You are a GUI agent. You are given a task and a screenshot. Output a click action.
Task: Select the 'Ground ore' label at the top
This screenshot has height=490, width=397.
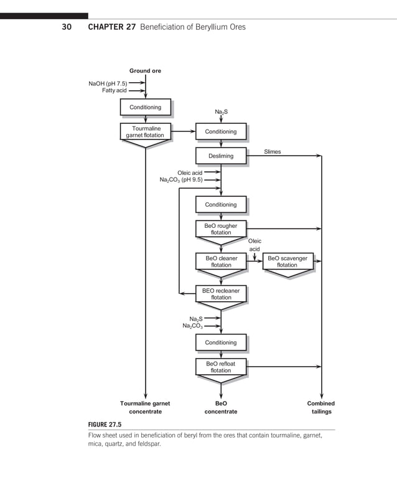coord(145,71)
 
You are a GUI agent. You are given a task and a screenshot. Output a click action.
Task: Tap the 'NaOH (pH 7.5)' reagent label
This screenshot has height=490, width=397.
coord(108,83)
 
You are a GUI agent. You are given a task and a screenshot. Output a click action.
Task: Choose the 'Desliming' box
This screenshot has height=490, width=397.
coord(221,156)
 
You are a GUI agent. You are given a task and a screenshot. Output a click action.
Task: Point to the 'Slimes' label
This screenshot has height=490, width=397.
coord(272,151)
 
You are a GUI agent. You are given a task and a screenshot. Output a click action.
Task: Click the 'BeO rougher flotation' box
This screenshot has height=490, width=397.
coord(221,229)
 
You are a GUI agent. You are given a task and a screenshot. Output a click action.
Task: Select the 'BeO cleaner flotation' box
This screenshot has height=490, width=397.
coord(221,261)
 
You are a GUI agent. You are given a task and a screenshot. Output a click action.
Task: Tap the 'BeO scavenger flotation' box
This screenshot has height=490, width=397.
coord(287,261)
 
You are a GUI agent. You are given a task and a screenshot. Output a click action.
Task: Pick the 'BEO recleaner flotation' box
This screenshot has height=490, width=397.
coord(221,294)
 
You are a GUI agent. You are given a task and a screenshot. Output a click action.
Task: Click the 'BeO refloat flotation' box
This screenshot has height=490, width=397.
coord(221,367)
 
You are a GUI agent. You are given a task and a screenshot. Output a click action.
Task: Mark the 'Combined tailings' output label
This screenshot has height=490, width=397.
coord(321,407)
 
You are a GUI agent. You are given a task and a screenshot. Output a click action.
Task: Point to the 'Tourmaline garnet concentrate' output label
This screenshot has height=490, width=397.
coord(145,407)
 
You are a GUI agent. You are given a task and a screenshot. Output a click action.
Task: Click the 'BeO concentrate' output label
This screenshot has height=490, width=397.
coord(221,407)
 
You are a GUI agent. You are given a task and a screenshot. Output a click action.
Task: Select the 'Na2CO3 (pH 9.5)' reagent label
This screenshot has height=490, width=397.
coord(180,180)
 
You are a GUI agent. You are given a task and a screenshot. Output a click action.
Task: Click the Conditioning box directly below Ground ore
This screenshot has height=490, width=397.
coord(145,107)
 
